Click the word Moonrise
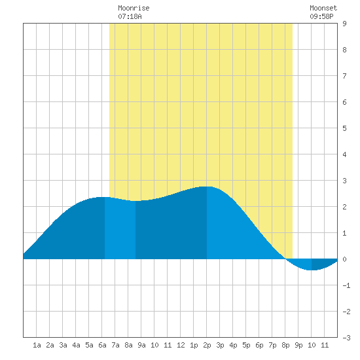134,8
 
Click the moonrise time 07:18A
130,16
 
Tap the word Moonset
323,8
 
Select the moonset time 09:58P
321,16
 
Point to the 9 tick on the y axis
344,24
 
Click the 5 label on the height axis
344,128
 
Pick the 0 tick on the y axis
344,259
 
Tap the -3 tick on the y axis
346,338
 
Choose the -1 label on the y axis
346,285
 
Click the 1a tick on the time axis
37,345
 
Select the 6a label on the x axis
102,345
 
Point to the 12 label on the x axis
181,345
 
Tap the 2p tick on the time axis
207,345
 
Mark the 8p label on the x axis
285,345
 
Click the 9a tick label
141,345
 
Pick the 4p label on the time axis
233,345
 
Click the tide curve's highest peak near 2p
207,187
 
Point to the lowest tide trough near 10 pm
312,270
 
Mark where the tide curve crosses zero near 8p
285,259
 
